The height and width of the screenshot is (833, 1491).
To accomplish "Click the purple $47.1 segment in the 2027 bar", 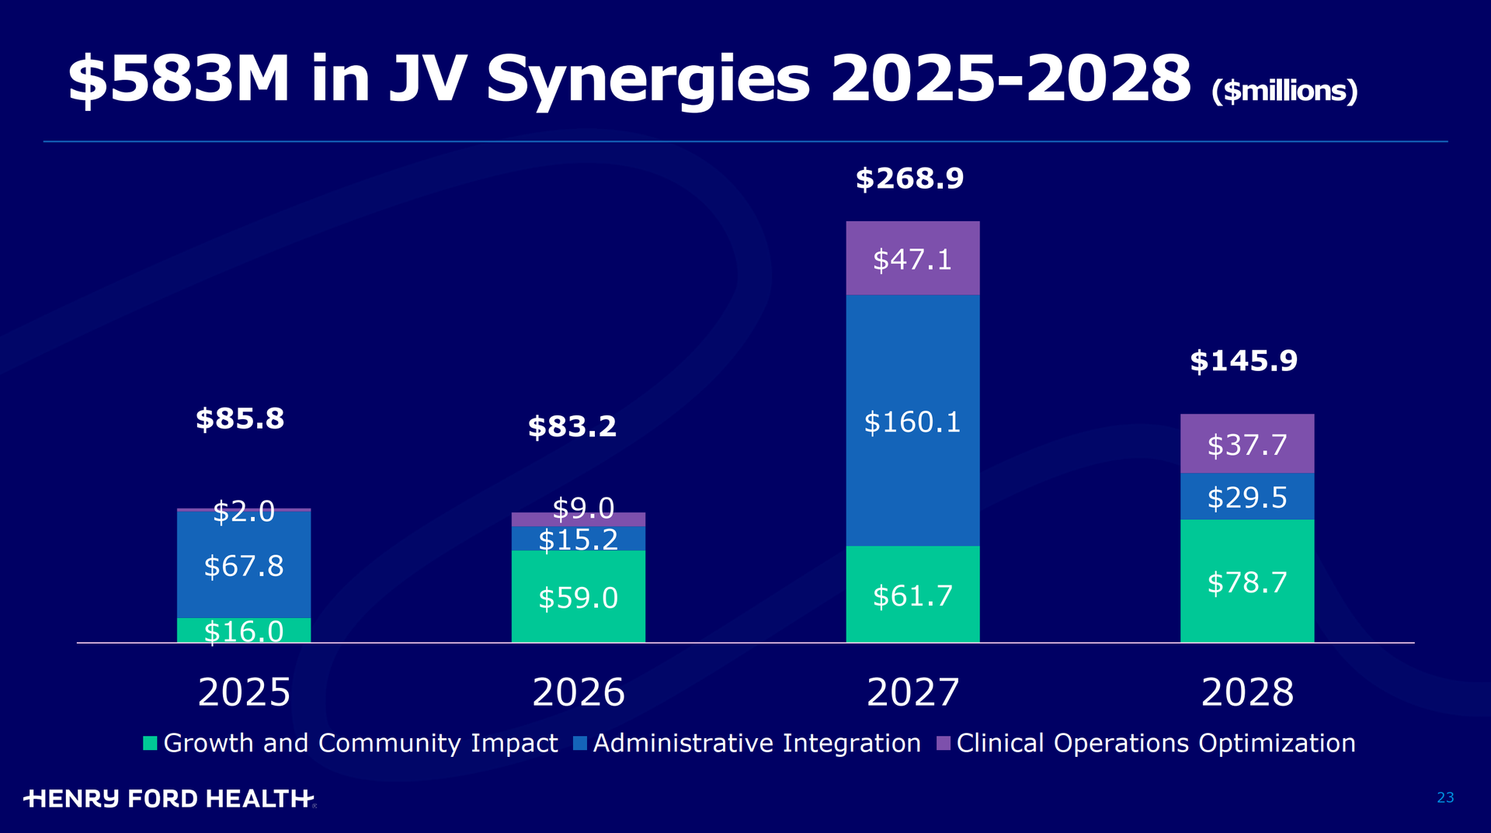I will pos(912,259).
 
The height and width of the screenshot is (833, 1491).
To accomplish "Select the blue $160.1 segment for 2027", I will pos(912,422).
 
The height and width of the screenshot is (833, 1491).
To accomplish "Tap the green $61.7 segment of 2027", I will pos(912,595).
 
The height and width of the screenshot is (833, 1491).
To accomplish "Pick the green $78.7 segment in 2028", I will pos(1247,582).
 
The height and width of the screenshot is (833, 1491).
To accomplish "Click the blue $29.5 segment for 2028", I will pos(1247,497).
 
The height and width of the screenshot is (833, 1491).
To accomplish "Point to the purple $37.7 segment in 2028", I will pos(1247,445).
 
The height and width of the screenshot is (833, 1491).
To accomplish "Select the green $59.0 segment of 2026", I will pos(579,598).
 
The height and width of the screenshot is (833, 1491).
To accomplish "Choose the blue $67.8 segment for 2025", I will pos(244,565).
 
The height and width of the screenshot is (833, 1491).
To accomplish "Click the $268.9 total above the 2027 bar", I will pos(909,179).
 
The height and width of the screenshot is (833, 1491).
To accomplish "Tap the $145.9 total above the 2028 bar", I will pos(1243,361).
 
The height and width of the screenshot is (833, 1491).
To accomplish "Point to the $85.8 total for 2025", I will pos(240,419).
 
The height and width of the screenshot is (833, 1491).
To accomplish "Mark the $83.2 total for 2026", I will pos(572,426).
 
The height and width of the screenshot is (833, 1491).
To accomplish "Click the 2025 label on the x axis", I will pos(244,692).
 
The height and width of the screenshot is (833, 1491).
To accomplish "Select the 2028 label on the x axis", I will pos(1247,692).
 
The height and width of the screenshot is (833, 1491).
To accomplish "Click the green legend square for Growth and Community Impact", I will pos(151,743).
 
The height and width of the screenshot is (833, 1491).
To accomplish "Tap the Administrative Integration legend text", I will pos(756,743).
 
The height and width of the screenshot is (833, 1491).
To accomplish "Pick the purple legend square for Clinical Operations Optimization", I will pos(944,743).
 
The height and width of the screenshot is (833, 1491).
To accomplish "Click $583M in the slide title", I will pos(179,79).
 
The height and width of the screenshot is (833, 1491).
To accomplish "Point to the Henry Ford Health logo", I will pos(169,798).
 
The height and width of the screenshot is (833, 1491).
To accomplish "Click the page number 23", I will pos(1445,797).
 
